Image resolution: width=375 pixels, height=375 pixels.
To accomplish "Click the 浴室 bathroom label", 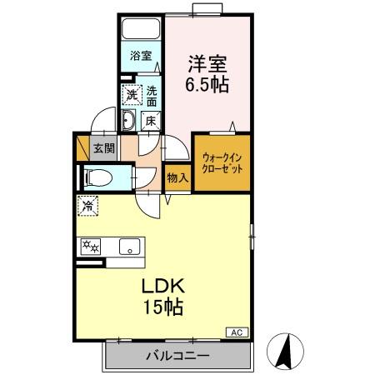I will coord(140,57).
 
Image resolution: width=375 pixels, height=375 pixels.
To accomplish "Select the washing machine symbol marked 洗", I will coord(131,95).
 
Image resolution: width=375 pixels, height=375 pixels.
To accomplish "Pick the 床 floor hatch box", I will coord(151,121).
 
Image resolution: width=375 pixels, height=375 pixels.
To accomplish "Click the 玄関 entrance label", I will coord(103,149).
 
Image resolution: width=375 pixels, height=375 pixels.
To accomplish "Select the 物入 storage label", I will coord(177,177).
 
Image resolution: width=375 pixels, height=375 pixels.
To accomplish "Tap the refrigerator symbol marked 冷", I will coord(87,202).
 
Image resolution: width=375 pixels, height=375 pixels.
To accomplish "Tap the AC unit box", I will coord(237,332).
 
